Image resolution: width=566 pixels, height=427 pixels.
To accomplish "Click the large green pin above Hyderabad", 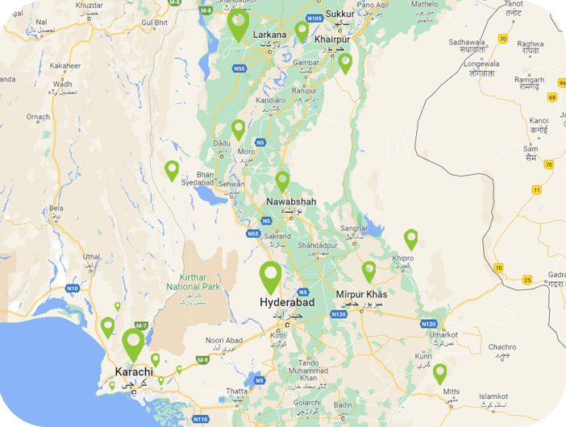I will pyautogui.click(x=271, y=276).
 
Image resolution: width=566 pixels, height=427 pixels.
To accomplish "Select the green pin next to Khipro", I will pyautogui.click(x=411, y=238).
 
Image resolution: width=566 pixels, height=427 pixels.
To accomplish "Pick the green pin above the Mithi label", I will pyautogui.click(x=439, y=373).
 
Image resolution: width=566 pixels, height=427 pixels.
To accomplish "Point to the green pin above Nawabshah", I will pyautogui.click(x=282, y=180).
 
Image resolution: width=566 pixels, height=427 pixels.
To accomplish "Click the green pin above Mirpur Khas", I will pyautogui.click(x=368, y=271).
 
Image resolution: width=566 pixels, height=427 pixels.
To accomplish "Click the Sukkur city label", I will pyautogui.click(x=340, y=14).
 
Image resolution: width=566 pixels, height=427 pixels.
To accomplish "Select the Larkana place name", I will pyautogui.click(x=269, y=35).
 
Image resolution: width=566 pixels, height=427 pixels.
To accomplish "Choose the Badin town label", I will pyautogui.click(x=343, y=405).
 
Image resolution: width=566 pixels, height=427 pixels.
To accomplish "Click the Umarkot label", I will pyautogui.click(x=443, y=334).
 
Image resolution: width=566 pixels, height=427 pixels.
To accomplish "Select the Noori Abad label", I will pyautogui.click(x=224, y=341).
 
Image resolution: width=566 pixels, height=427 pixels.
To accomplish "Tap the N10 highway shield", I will pyautogui.click(x=73, y=288).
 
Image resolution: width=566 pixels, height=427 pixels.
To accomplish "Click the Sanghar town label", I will pyautogui.click(x=354, y=228).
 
